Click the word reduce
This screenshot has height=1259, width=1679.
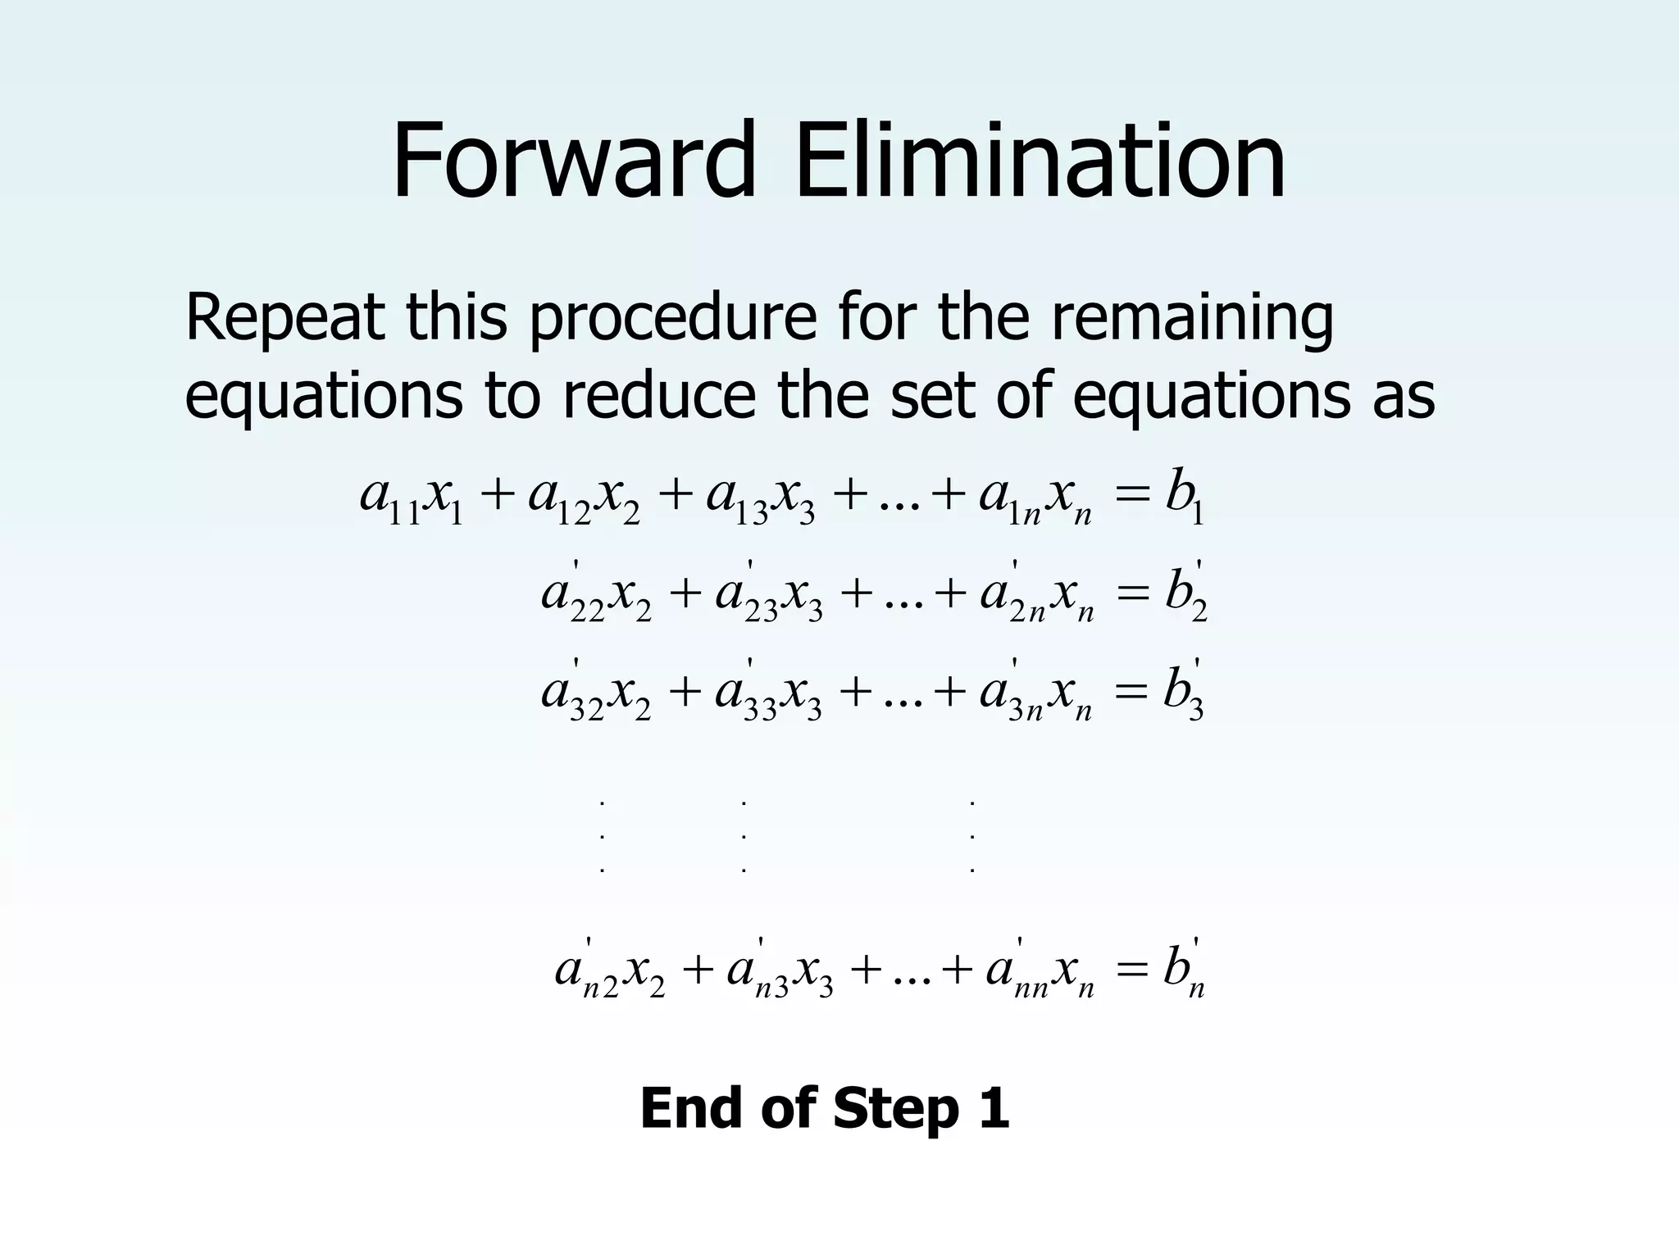pyautogui.click(x=659, y=397)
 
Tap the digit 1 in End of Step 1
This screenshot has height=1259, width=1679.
pyautogui.click(x=994, y=1109)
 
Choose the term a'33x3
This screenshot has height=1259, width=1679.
pyautogui.click(x=768, y=692)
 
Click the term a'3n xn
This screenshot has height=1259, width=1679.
pyautogui.click(x=1036, y=692)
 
